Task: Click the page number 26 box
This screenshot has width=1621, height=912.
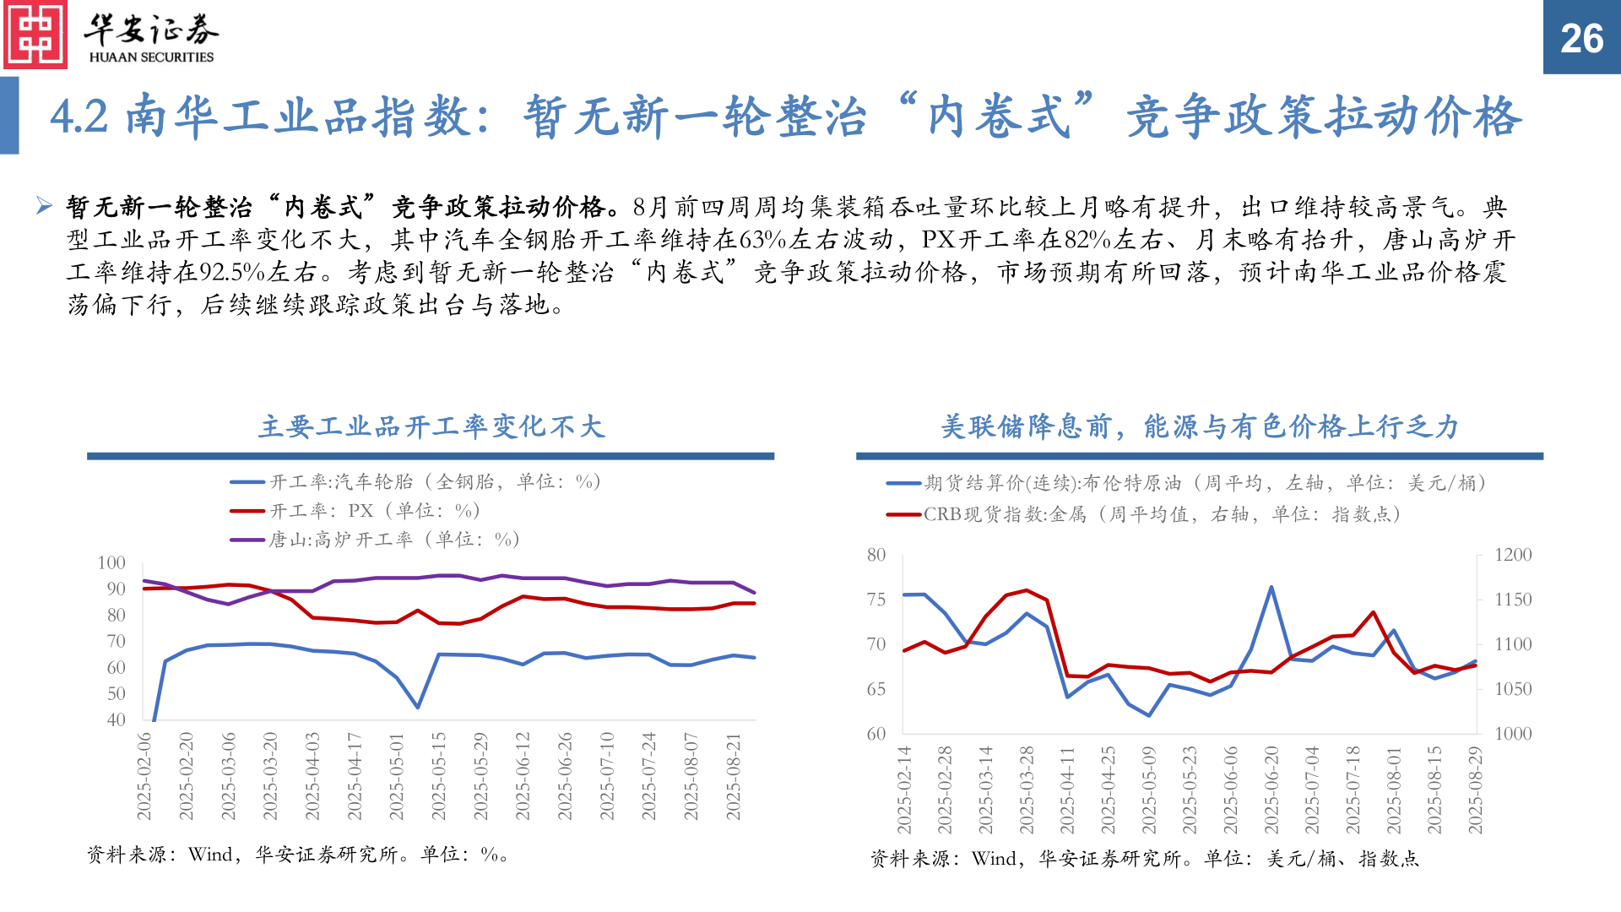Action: tap(1581, 38)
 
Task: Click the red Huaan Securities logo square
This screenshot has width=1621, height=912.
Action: tap(35, 35)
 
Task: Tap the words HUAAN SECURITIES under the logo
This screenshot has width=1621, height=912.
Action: tap(151, 57)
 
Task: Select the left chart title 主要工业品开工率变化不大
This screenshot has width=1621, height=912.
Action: tap(431, 426)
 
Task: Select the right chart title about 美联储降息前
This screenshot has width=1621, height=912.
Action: tap(1199, 426)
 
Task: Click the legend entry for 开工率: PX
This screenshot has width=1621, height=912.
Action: tap(355, 511)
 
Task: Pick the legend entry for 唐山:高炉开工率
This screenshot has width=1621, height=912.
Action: tap(375, 540)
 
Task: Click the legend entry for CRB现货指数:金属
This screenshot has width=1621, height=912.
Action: tap(1144, 514)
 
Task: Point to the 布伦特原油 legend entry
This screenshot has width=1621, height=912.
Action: tap(1185, 483)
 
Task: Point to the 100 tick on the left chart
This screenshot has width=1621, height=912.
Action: tap(111, 563)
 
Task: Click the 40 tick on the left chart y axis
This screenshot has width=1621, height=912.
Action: tap(117, 720)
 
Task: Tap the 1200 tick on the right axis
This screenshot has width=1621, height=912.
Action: tap(1513, 555)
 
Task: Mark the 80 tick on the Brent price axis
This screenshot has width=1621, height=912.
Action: tap(876, 555)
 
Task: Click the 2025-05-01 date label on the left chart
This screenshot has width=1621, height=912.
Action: tap(397, 776)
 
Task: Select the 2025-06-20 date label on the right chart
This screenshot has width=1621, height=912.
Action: tap(1271, 790)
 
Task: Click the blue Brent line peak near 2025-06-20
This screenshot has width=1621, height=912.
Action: tap(1271, 588)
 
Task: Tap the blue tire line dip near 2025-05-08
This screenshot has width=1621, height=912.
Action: tap(417, 707)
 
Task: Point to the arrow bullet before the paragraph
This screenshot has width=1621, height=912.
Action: tap(45, 205)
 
